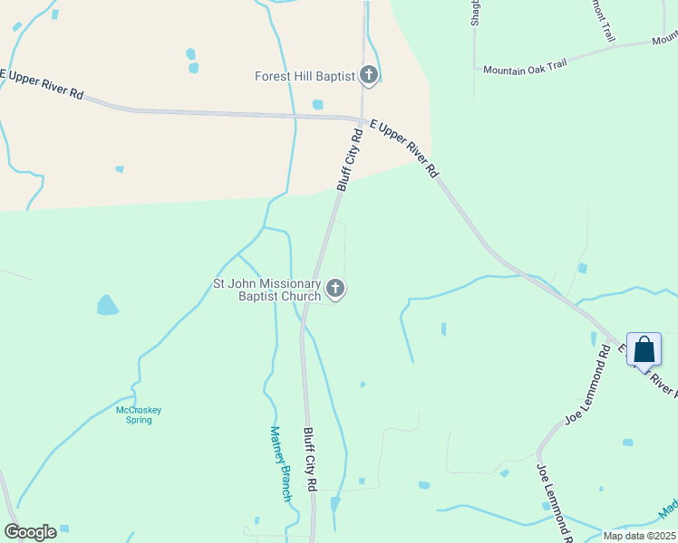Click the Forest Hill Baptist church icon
click(368, 75)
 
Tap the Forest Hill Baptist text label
click(304, 77)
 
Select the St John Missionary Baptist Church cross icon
click(335, 290)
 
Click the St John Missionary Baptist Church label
click(266, 290)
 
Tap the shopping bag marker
click(644, 349)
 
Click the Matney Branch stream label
click(281, 463)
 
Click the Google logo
click(30, 532)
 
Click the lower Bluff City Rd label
click(309, 460)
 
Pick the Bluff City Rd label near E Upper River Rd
click(350, 159)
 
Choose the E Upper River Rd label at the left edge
click(42, 83)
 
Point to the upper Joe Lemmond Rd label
click(588, 392)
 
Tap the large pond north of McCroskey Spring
click(107, 304)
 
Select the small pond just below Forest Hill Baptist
click(317, 104)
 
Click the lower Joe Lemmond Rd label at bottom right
click(554, 503)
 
